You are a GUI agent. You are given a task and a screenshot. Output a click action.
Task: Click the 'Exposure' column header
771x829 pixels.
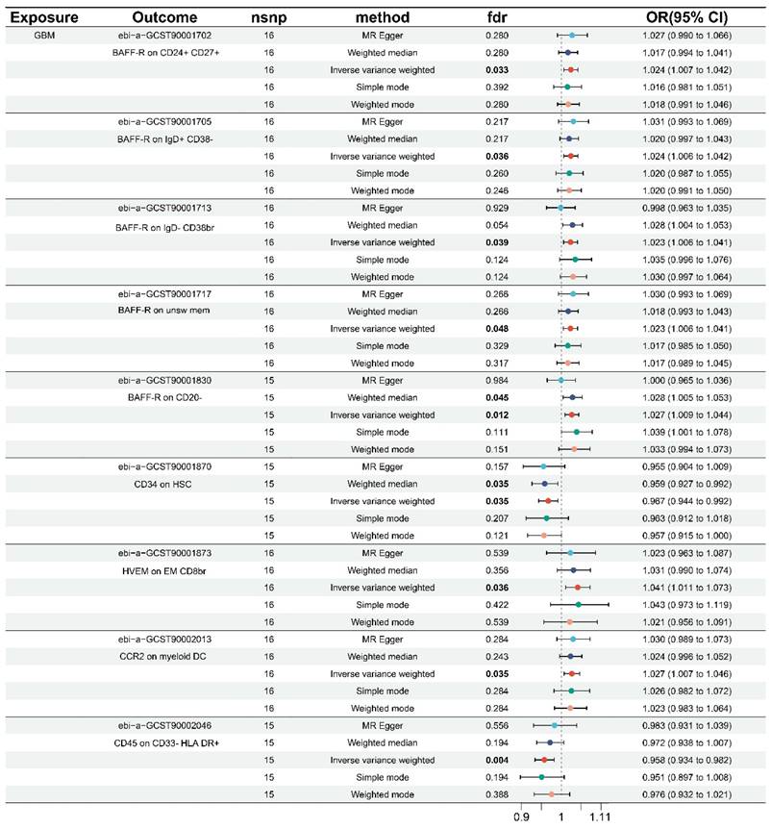[x=42, y=17]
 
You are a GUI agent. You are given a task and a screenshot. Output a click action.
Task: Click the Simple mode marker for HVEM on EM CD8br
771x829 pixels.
[x=579, y=604]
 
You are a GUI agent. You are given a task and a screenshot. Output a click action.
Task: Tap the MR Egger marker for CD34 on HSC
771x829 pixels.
[x=543, y=465]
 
